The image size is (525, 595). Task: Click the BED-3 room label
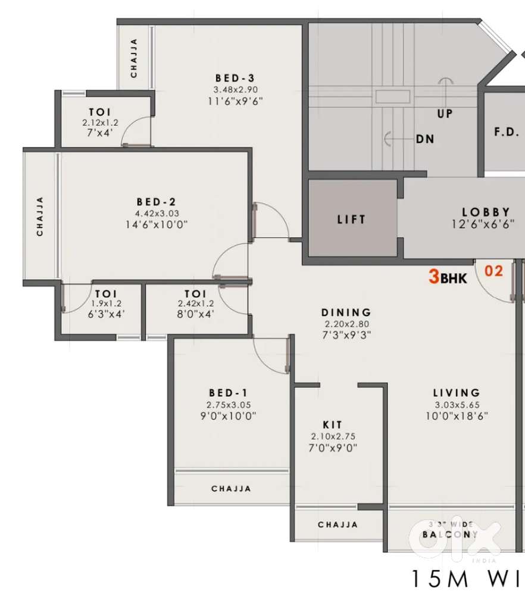235,78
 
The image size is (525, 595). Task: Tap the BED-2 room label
156,202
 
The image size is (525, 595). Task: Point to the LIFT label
351,219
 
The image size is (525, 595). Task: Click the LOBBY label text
486,212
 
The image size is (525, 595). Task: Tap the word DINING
346,312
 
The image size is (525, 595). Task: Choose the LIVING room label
457,393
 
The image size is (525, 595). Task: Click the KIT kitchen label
332,425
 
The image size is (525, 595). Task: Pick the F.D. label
507,132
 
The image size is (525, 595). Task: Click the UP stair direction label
445,114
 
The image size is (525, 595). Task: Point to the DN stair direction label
425,139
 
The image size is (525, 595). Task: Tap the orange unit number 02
494,271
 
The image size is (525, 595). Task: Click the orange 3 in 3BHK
435,277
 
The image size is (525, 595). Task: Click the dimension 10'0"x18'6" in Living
457,416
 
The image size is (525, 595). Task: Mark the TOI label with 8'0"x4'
195,294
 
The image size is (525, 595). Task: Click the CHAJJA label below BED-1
231,489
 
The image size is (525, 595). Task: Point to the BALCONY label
450,534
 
